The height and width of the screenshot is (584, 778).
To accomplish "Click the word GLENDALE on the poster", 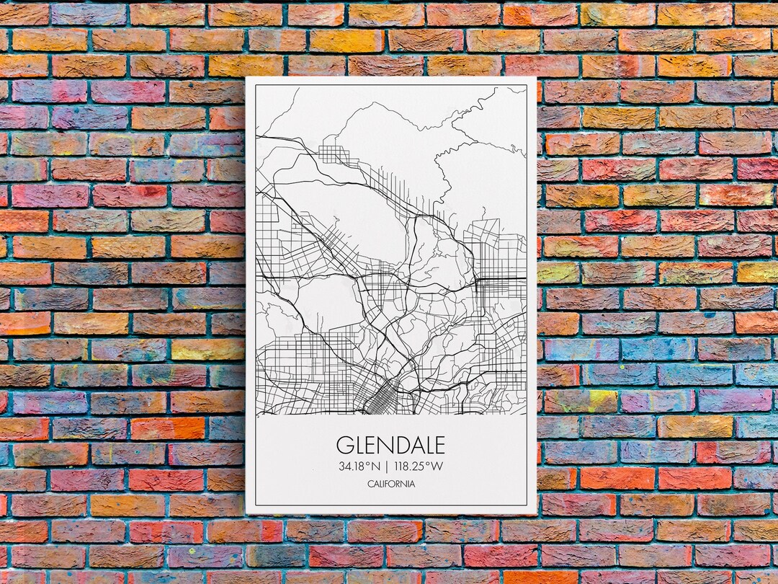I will [x=390, y=444].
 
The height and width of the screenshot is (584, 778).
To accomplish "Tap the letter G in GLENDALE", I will [x=345, y=444].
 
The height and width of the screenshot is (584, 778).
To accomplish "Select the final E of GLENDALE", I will [x=439, y=444].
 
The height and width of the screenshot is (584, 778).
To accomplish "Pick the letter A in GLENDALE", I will [x=414, y=444].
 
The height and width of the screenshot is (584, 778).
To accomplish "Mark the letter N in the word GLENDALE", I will [x=385, y=444].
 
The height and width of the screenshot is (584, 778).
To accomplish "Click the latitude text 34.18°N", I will [x=359, y=466].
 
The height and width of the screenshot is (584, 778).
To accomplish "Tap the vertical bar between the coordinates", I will [x=388, y=466].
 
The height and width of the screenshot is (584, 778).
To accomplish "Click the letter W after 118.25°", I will [x=437, y=466].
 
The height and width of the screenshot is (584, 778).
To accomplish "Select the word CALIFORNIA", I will [x=390, y=484].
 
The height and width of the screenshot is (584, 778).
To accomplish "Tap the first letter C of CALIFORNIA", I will [x=369, y=484].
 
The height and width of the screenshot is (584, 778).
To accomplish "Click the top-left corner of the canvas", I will [x=246, y=78].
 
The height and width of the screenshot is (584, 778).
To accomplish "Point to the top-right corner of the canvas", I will [x=537, y=78].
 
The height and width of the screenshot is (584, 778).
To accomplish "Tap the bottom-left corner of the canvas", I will [x=246, y=513].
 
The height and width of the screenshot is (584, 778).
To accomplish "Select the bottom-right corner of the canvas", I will [x=537, y=513].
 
